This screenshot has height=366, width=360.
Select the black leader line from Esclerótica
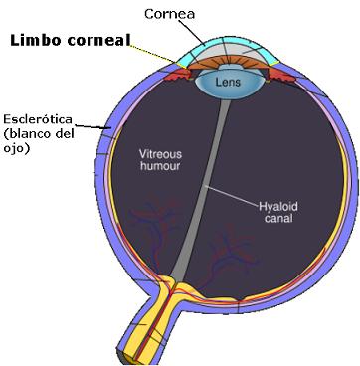[x=90, y=126]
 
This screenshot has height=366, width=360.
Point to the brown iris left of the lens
[x=189, y=69]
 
